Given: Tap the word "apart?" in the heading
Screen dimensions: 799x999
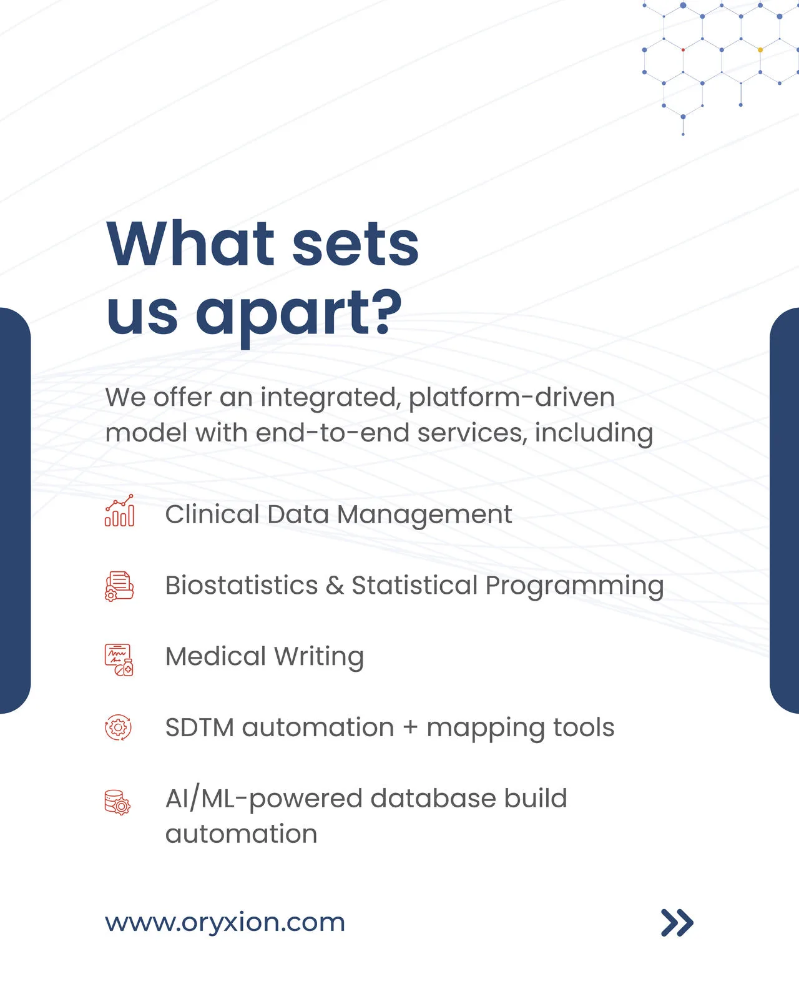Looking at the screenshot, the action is (x=298, y=316).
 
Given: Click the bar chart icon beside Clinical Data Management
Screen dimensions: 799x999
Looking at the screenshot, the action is (x=119, y=510).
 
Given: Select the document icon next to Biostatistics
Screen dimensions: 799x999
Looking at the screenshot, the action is (x=119, y=586).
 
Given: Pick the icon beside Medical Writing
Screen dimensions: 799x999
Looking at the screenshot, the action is (x=119, y=660).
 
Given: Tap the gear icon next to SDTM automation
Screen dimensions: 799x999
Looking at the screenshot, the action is (x=118, y=727).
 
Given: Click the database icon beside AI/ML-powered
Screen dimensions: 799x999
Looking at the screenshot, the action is (x=117, y=803).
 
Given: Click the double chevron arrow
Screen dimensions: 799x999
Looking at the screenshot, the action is (x=677, y=922).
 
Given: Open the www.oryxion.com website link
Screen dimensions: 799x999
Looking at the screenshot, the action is (x=225, y=922).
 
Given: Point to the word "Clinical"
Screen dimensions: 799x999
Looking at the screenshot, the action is (x=212, y=514).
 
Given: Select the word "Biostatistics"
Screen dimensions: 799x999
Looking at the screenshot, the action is (x=242, y=585).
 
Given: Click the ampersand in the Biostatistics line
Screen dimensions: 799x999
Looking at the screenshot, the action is (x=335, y=585).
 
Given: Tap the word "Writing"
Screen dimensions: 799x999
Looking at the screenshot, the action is (x=319, y=657).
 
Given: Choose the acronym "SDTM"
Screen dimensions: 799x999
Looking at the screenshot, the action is (x=200, y=727).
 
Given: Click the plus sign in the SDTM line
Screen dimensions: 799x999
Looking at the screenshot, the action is (x=410, y=727).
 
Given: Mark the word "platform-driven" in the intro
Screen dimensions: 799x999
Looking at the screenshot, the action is (x=512, y=398).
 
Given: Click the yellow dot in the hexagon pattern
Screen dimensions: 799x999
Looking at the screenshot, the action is (x=760, y=50).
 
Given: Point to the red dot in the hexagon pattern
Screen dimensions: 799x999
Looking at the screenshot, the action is (x=683, y=50).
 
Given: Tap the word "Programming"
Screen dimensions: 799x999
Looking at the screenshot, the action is (x=574, y=586).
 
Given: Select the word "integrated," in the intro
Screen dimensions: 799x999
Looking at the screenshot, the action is (x=331, y=398).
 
